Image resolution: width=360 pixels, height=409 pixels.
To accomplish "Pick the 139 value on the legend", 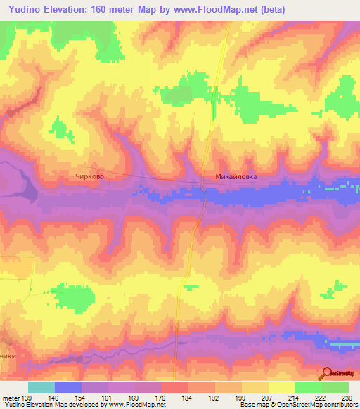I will [x=27, y=397].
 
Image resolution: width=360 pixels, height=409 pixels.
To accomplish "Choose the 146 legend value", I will [x=55, y=397].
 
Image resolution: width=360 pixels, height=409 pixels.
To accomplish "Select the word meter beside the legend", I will [x=10, y=397].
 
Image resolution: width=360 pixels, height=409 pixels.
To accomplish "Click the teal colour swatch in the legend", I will [x=41, y=387].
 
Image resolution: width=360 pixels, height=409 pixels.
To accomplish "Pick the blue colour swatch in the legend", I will [x=68, y=387].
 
